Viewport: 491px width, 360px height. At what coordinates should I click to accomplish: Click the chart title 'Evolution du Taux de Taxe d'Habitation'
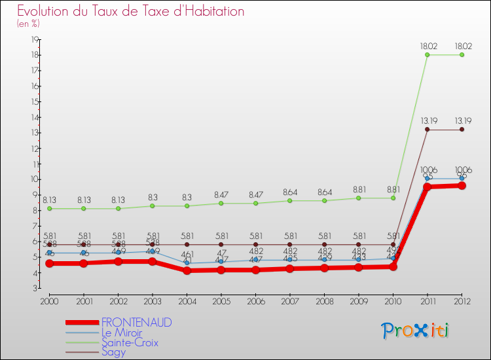pos(131,11)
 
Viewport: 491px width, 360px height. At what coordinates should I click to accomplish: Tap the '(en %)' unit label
pos(28,24)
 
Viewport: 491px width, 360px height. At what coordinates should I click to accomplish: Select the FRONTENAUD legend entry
pos(137,323)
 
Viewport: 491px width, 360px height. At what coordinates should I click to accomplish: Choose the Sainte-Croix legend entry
pos(130,342)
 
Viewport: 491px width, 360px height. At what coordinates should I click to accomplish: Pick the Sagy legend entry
pos(113,352)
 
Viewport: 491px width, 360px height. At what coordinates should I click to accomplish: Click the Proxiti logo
pos(416,331)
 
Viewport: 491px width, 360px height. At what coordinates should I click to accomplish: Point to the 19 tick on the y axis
pos(35,39)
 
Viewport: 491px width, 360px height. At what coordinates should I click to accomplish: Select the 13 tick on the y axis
pos(35,133)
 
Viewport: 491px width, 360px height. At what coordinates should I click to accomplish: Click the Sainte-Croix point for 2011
pos(427,55)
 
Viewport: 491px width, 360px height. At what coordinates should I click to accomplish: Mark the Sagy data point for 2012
pos(462,130)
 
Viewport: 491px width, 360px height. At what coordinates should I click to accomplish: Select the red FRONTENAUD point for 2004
pos(187,270)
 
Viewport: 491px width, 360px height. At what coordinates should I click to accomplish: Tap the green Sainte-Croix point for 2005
pos(221,203)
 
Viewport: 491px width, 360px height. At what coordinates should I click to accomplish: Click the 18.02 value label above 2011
pos(427,46)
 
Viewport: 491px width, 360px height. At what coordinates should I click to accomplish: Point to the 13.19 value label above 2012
pos(462,120)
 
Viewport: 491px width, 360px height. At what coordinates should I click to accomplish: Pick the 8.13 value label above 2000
pos(49,200)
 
